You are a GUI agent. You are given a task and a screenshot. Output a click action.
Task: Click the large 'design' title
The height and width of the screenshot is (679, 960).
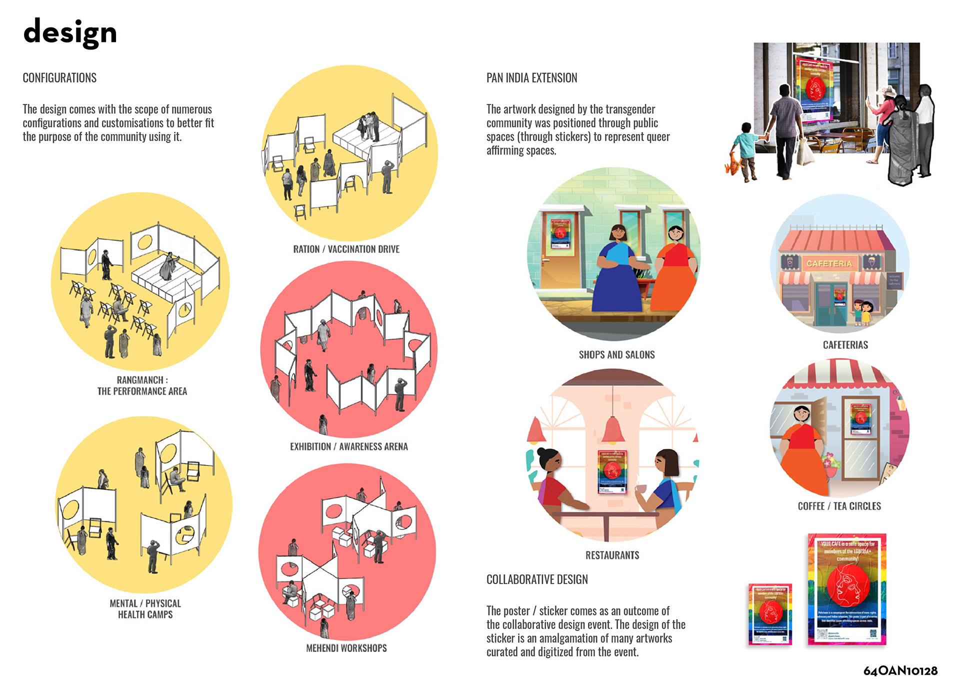70,32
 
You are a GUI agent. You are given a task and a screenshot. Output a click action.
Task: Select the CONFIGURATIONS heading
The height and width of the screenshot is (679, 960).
59,78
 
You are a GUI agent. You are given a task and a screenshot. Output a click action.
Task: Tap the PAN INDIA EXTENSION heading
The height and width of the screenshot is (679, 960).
531,78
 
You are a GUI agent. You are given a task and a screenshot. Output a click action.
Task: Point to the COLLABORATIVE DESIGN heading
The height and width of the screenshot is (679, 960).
537,579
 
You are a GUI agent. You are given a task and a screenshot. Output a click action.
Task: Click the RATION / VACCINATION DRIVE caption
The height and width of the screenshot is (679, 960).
346,249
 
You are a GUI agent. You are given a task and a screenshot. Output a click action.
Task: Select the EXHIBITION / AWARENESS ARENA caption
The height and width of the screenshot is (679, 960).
348,446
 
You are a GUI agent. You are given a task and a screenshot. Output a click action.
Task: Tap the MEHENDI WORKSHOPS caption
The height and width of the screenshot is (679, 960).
346,648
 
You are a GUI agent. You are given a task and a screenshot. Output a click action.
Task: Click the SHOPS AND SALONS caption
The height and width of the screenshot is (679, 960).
616,355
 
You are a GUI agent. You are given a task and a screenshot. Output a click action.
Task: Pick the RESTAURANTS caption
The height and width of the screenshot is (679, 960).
612,555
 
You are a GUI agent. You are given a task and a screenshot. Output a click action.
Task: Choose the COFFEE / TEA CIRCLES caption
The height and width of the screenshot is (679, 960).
839,506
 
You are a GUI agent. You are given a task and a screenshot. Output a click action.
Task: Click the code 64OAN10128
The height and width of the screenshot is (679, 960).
900,670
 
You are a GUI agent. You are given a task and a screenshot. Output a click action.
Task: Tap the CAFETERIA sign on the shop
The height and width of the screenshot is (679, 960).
829,263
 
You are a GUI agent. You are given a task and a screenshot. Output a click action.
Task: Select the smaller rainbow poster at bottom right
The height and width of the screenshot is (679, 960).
770,614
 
